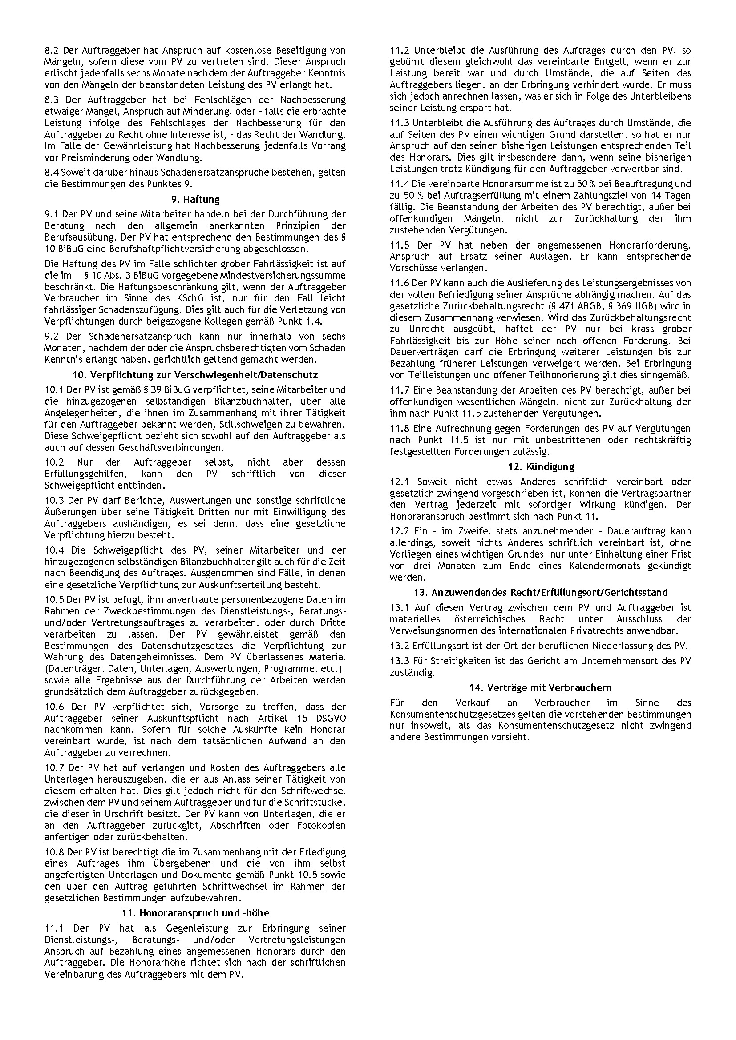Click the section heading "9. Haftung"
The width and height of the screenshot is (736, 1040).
[x=195, y=199]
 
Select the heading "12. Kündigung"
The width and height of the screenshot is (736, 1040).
[x=541, y=466]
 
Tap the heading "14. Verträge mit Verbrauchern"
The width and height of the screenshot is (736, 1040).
[x=541, y=687]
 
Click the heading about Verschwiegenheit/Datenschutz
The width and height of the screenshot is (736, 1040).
[x=195, y=375]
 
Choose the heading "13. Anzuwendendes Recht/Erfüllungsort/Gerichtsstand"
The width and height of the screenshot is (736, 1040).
[x=541, y=592]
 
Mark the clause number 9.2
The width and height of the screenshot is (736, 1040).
[x=52, y=337]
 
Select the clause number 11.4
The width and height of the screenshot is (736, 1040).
[x=399, y=184]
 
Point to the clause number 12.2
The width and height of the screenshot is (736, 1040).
[x=399, y=531]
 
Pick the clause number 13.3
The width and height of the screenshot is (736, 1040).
[x=399, y=661]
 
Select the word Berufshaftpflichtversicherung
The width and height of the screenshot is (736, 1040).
[x=182, y=249]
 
